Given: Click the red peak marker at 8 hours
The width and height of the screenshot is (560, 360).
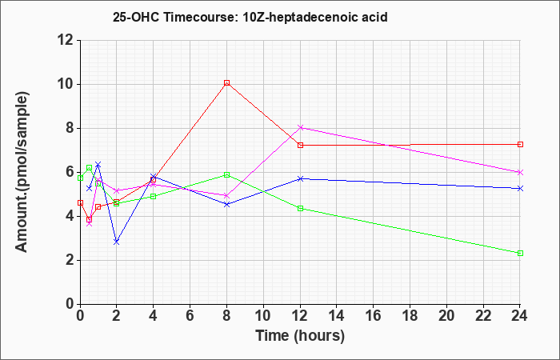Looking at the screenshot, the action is (x=226, y=83).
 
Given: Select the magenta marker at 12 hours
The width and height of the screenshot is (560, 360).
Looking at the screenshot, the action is (x=300, y=127).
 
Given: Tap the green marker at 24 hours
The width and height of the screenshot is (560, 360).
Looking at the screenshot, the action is (x=520, y=254).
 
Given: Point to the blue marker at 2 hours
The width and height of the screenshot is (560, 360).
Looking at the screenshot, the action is (x=117, y=242).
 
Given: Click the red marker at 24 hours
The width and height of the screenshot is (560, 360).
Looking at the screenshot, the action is (x=520, y=144).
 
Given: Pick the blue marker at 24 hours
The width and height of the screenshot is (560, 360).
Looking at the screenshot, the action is (x=520, y=188).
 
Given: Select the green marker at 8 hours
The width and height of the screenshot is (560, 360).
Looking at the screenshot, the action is (x=226, y=174).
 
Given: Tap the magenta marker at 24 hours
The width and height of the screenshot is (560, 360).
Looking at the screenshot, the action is (x=520, y=172).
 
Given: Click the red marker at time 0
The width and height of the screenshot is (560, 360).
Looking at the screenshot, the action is (x=80, y=203).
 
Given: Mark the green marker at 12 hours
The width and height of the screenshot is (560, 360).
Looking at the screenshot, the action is (x=300, y=208).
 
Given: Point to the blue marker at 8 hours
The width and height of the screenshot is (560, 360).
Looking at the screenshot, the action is (x=226, y=204).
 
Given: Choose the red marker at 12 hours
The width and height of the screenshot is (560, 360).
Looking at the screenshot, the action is (x=300, y=145).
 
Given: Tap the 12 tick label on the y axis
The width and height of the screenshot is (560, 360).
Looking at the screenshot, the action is (x=66, y=40).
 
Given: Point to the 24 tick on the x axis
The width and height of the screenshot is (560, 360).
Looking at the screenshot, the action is (x=519, y=316).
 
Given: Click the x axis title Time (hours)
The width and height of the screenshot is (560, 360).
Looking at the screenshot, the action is (x=300, y=336).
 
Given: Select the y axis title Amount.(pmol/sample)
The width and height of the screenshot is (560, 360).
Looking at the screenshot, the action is (x=22, y=172).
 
